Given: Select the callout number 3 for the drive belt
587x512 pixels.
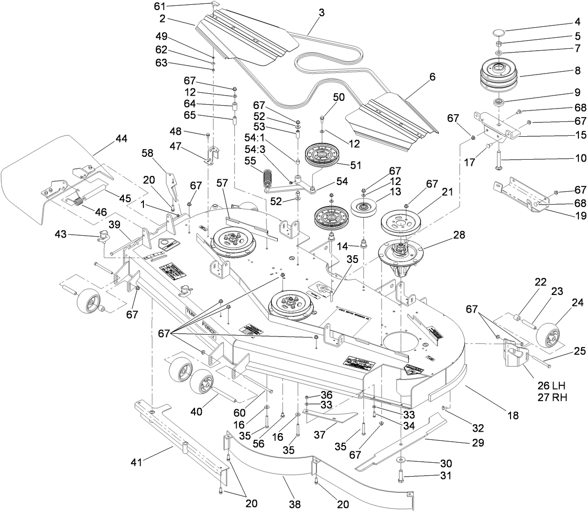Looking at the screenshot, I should point(321,13).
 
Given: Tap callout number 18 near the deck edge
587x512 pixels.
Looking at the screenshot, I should point(513,415).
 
